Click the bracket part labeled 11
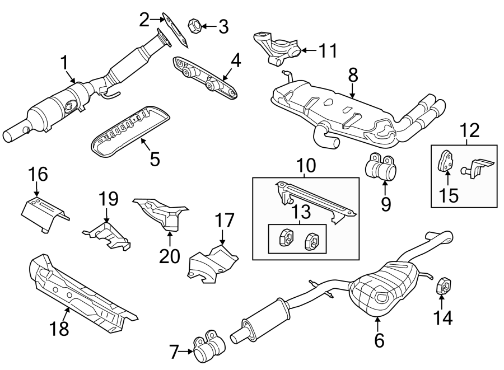pyautogui.click(x=278, y=48)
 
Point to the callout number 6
pyautogui.click(x=379, y=339)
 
